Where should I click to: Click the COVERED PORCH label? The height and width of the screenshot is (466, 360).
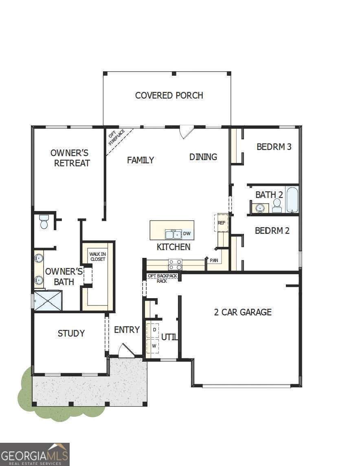tap(169, 95)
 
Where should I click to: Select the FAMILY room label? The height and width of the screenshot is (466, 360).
tap(140, 160)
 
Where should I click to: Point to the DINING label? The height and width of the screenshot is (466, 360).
tap(203, 157)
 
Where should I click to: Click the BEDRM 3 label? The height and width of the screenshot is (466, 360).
tap(274, 147)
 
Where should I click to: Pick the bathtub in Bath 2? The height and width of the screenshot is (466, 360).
tap(292, 200)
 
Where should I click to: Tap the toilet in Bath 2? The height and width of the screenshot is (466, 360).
tap(277, 205)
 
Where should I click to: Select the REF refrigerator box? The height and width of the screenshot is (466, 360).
tap(222, 222)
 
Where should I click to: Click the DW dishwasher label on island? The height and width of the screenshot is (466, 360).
tap(187, 234)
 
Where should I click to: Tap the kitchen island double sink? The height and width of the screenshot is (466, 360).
tap(173, 234)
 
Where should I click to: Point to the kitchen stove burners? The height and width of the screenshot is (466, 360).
tap(175, 265)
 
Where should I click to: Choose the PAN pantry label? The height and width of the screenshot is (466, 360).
tap(214, 260)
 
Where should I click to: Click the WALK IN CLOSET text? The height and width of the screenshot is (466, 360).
tap(97, 257)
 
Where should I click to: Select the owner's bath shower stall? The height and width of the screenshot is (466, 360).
tap(48, 301)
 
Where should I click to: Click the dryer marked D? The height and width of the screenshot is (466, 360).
tap(154, 329)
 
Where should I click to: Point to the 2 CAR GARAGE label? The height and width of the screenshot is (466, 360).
tap(243, 312)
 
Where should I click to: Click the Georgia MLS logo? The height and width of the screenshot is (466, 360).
tap(35, 454)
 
